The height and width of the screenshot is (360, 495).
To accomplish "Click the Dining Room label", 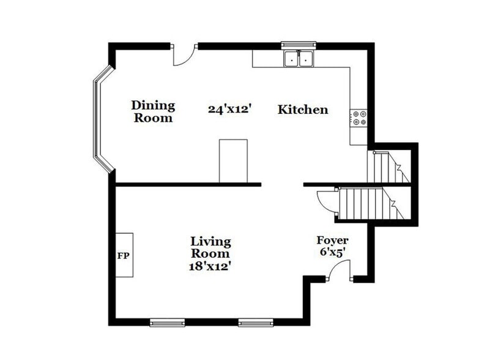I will [x=153, y=112].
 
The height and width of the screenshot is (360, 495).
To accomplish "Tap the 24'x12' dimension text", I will [x=230, y=110].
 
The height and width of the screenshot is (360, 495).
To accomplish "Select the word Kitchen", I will [x=303, y=110].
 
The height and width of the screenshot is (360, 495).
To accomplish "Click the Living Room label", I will [x=210, y=247].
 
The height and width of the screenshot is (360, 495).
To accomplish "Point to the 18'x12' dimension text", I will [x=210, y=266].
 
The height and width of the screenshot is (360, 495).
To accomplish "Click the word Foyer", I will [x=332, y=240].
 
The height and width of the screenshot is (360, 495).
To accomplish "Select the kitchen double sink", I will [x=299, y=59].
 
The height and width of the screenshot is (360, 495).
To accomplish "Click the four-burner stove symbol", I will [x=359, y=118].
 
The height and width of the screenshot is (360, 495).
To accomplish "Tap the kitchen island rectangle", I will [x=233, y=160].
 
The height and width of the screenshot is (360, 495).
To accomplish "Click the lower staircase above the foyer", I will [x=367, y=204].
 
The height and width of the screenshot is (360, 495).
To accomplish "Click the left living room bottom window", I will [x=167, y=322].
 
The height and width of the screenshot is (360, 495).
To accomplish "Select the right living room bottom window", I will [x=255, y=322].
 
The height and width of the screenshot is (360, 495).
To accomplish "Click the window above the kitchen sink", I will [x=299, y=45].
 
